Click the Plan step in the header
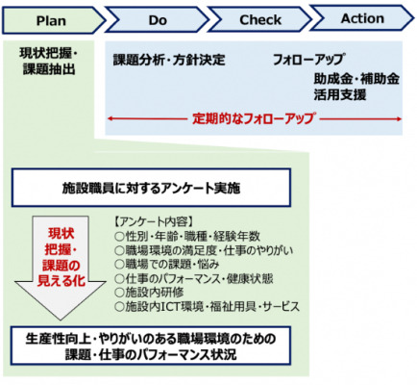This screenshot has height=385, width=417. point(51,20)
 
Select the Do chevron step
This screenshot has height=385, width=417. point(158,20)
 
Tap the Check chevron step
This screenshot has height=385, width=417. point(260,19)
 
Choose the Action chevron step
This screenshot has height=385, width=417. point(362,18)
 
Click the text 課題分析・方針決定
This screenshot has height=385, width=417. point(169,60)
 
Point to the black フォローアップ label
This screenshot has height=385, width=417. point(308,60)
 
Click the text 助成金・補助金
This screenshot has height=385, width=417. point(356,79)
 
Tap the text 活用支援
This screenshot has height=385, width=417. point(340,94)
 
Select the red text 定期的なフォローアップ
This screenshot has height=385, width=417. point(254,118)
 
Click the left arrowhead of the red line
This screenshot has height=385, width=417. point(109,118)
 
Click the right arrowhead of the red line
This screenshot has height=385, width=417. point(400,119)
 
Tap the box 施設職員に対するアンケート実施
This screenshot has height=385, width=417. point(151,188)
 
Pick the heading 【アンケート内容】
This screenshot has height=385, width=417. point(154,222)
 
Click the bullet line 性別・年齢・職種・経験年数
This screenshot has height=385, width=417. point(187,237)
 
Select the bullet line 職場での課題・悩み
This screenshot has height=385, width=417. point(167,264)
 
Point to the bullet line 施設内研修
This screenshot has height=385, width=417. point(149,292)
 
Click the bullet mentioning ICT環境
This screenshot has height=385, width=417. point(208,306)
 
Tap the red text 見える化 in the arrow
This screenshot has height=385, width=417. point(61,281)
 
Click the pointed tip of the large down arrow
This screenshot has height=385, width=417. point(60,320)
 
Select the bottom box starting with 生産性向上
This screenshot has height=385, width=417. point(151,346)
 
